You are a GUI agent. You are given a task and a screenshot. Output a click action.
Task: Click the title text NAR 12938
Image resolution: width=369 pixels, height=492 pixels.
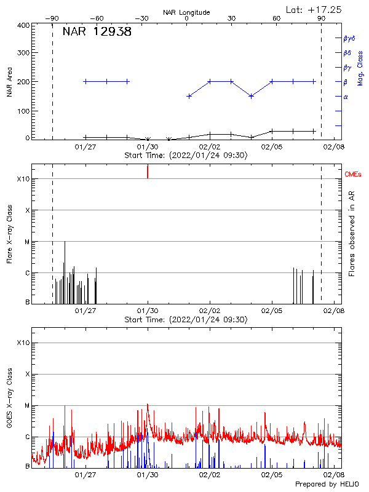pyautogui.click(x=97, y=32)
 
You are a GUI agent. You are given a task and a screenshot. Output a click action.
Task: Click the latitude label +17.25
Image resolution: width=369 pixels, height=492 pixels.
pyautogui.click(x=314, y=9)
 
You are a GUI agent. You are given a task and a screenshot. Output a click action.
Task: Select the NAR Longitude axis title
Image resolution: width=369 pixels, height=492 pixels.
pyautogui.click(x=186, y=12)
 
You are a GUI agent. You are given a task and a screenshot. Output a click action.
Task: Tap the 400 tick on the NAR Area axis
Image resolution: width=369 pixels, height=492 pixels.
pyautogui.click(x=23, y=26)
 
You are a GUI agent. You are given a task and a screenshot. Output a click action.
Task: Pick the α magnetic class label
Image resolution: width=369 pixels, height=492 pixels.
pyautogui.click(x=346, y=97)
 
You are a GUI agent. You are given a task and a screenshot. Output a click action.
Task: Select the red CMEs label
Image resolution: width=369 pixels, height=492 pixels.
pyautogui.click(x=354, y=175)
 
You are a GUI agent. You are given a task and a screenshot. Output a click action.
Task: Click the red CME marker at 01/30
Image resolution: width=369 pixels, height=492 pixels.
pyautogui.click(x=148, y=172)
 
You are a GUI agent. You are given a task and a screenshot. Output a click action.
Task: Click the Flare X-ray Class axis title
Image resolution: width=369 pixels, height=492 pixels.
pyautogui.click(x=9, y=234)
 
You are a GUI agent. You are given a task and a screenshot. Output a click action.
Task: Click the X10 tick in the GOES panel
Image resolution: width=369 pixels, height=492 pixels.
pyautogui.click(x=22, y=343)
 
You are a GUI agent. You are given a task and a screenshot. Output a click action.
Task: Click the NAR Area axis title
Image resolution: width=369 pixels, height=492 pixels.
pyautogui.click(x=9, y=82)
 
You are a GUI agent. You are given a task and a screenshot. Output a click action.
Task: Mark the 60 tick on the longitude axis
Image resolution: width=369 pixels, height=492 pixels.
pyautogui.click(x=276, y=19)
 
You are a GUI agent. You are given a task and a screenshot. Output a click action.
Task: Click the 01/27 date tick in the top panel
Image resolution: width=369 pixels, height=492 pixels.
pyautogui.click(x=85, y=146)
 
